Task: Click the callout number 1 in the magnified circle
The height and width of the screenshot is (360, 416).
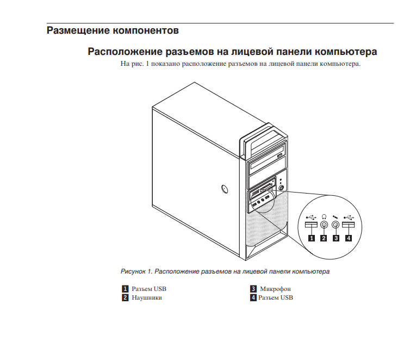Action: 312,238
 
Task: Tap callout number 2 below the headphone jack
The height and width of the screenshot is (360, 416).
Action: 324,238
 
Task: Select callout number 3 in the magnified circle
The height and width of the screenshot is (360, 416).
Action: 336,238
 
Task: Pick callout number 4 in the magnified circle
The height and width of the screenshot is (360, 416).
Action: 348,238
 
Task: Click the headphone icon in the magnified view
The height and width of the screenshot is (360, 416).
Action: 324,216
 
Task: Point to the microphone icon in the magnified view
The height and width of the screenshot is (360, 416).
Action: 336,216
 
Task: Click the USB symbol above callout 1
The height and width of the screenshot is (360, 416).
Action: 311,216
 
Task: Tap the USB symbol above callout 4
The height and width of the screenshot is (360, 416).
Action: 348,216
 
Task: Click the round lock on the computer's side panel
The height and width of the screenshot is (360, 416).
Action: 225,189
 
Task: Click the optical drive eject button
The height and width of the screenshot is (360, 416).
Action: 281,156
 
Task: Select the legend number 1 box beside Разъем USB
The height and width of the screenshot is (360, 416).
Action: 125,289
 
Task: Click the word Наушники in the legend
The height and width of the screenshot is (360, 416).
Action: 147,297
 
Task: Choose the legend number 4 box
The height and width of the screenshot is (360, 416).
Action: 253,297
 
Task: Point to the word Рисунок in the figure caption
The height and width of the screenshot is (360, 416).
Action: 133,271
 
